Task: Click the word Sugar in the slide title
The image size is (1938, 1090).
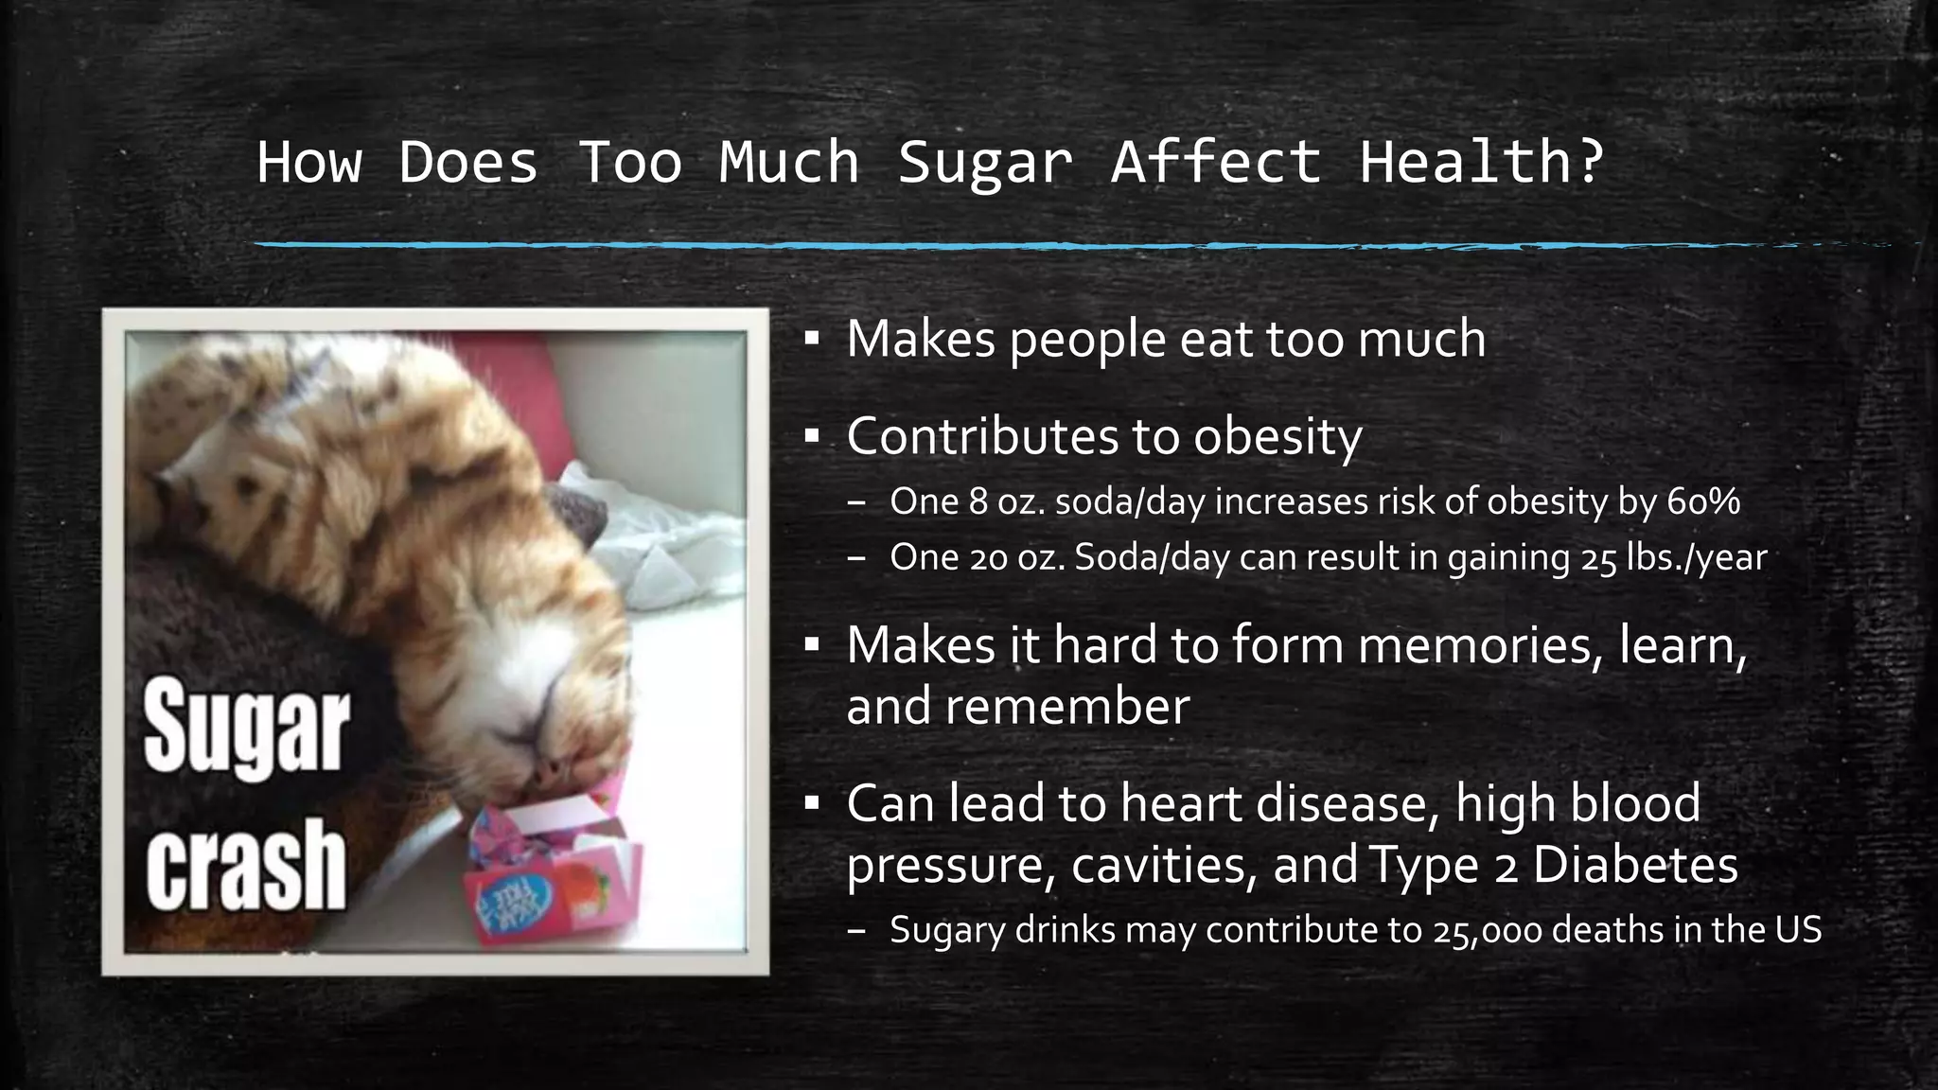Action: (985, 163)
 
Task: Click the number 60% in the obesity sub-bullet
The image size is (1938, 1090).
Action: (1702, 501)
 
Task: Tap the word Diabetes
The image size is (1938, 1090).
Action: (1635, 865)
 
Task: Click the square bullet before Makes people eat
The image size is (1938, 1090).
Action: (812, 339)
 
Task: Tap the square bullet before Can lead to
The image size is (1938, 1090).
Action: (812, 803)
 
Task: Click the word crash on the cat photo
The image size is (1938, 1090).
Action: (246, 865)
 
